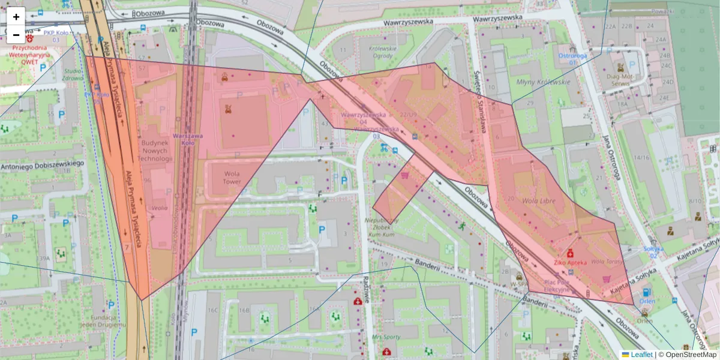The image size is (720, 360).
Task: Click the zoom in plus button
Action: point(16,17)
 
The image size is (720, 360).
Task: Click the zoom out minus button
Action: point(16,35)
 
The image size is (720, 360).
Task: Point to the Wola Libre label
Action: point(539,200)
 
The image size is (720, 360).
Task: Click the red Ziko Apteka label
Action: point(569,262)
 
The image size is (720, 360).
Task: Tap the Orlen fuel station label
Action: point(646,301)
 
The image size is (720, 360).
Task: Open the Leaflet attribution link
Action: point(641,355)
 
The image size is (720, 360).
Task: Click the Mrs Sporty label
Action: point(385,337)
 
